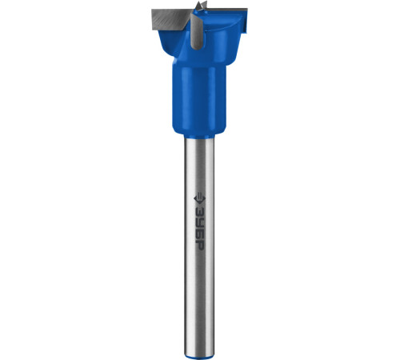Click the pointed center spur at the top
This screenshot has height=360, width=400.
coord(200,5)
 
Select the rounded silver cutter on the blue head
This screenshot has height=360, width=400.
coord(196,31)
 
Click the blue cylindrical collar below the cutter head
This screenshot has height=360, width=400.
coord(199,99)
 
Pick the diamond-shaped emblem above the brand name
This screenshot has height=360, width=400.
coord(199,198)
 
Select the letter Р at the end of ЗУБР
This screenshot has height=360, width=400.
coord(199,245)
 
